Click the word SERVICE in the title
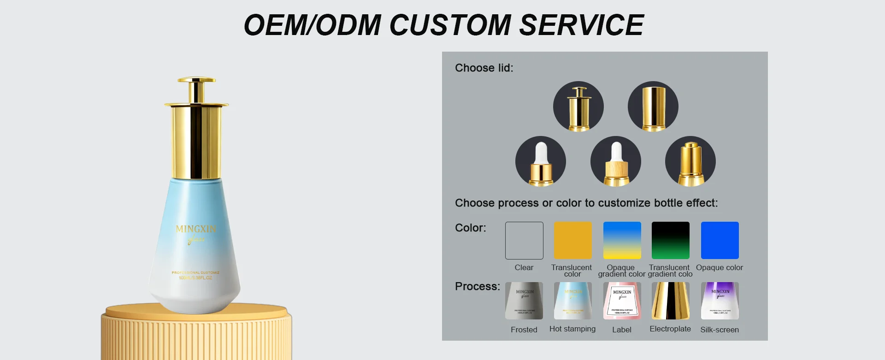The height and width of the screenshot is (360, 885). [x=581, y=25]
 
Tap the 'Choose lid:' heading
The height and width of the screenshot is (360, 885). [x=484, y=68]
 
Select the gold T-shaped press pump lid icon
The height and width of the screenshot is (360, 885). [x=578, y=106]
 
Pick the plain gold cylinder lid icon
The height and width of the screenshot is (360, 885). [x=653, y=106]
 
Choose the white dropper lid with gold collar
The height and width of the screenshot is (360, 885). [x=541, y=161]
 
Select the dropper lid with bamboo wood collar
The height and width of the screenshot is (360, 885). [x=616, y=161]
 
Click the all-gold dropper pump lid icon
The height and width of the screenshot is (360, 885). [x=690, y=161]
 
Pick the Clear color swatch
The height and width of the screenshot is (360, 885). [x=524, y=241]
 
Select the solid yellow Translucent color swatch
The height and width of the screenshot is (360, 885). [x=573, y=241]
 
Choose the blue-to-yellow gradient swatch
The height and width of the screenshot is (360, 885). [x=622, y=241]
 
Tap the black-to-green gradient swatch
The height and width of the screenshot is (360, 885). [x=671, y=241]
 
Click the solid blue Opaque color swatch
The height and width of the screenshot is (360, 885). [x=720, y=241]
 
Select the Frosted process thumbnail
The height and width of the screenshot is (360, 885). [x=524, y=301]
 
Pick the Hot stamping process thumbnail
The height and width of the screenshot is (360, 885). [x=573, y=301]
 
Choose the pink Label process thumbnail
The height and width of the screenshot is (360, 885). [x=622, y=301]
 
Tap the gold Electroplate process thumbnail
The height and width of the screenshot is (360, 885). [x=671, y=301]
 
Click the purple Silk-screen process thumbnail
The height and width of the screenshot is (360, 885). [x=720, y=301]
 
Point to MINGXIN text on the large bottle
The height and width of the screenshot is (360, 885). [x=196, y=229]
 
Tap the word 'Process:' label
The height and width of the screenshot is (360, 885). [x=478, y=286]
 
